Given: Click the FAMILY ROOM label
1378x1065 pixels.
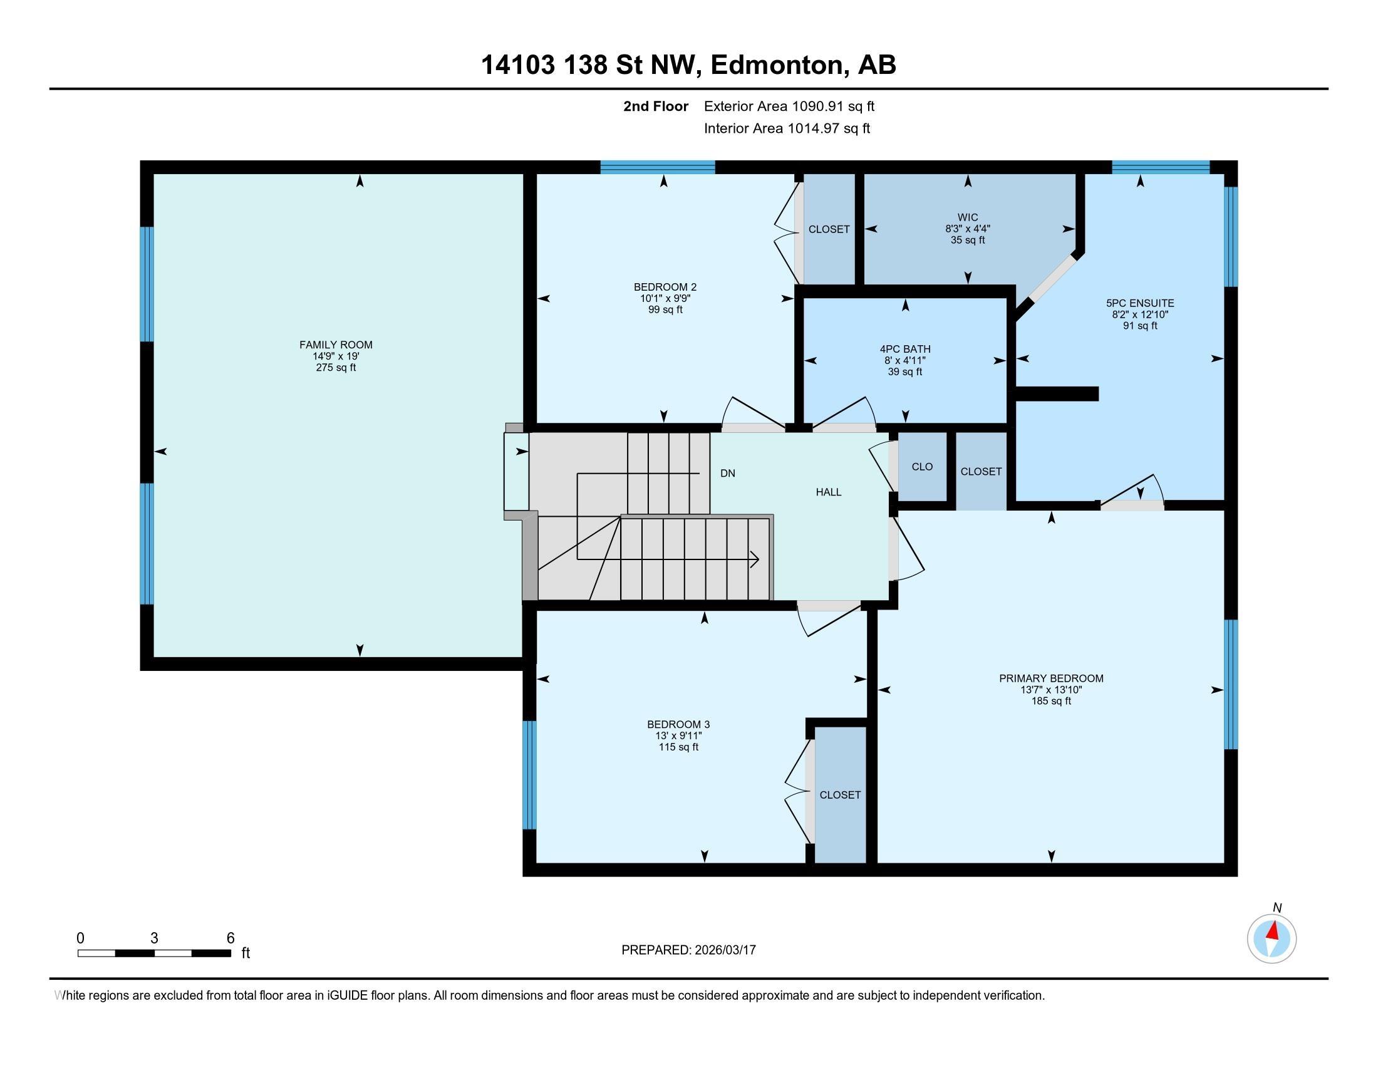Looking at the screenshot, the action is pos(336,345).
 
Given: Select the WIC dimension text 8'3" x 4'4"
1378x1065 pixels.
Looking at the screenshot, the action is pos(967,229).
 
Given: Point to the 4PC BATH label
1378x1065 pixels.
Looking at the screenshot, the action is pos(905,349).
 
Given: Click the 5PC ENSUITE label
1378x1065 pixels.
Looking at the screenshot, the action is pos(1140,303).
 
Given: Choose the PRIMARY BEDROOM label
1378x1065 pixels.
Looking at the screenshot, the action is pos(1051,678).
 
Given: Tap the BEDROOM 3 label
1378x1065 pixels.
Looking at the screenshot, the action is pos(678,724).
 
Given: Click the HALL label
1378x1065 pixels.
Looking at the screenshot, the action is pos(829,492).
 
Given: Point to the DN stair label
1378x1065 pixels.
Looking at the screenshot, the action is pos(727,473).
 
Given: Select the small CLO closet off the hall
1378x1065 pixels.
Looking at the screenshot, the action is pos(922,467).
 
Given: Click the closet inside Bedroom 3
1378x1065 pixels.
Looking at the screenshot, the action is pos(840,795).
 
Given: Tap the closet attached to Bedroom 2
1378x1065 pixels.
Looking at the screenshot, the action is pos(829,229).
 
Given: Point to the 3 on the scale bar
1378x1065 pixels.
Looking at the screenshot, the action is pos(154,938).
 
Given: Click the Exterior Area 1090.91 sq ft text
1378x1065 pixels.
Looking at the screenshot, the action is pos(789,106).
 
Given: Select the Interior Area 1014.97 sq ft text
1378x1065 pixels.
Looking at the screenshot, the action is pos(787,128).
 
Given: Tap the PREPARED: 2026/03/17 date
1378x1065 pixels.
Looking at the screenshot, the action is pos(688,950).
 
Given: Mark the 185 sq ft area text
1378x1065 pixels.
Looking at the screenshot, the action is pos(1051,701).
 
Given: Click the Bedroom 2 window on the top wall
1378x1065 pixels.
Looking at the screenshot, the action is pos(658,167).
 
